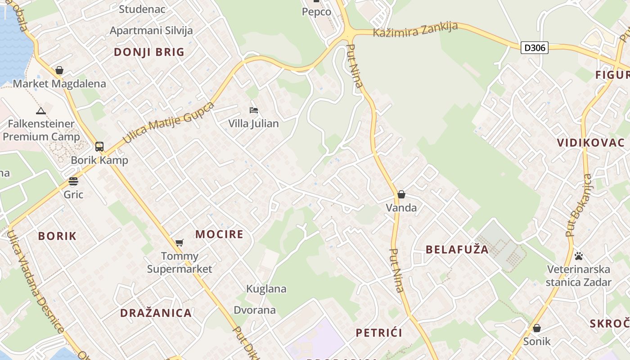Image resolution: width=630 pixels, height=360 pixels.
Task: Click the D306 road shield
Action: (x=535, y=47)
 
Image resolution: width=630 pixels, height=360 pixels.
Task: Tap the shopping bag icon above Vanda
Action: (x=401, y=194)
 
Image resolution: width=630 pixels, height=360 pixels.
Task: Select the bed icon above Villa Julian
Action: (x=254, y=110)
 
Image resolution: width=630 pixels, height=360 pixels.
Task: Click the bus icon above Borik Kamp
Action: (x=99, y=146)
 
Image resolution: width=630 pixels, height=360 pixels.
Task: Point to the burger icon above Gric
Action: (x=73, y=181)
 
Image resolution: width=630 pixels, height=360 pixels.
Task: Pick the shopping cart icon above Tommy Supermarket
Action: (x=180, y=243)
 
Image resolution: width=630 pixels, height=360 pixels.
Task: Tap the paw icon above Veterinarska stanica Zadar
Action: (x=579, y=256)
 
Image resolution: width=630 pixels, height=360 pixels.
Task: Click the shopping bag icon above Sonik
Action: (x=536, y=328)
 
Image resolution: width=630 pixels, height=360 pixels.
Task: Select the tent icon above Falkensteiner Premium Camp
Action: (x=41, y=110)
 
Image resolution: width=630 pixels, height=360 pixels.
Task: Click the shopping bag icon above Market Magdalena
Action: (x=59, y=70)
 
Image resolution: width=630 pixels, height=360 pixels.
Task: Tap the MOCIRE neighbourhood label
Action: (x=219, y=234)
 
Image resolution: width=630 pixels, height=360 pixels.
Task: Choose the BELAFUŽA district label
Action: (x=457, y=249)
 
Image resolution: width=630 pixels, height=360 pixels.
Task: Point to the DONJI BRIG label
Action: (x=149, y=52)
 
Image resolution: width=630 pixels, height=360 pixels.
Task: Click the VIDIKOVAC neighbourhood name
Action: (x=590, y=143)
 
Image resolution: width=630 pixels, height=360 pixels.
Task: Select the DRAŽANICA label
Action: (x=156, y=313)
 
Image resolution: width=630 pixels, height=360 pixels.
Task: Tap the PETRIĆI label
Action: (x=379, y=333)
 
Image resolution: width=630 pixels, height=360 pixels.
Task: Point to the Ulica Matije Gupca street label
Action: (x=168, y=122)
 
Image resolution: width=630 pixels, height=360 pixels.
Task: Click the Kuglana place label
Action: (x=266, y=288)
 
